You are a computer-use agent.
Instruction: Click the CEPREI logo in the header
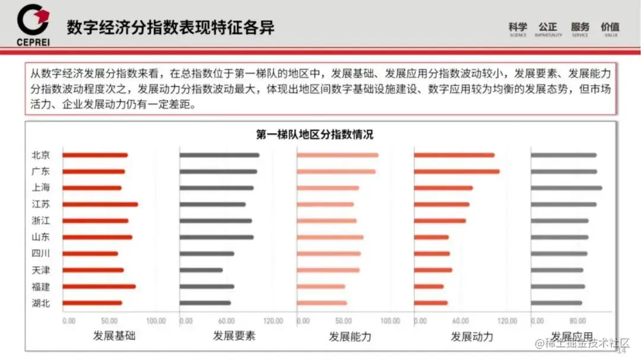33,24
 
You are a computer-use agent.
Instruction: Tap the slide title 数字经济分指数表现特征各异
170,27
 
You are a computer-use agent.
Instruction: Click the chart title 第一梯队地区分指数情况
315,135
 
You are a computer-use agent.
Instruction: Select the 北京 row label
41,155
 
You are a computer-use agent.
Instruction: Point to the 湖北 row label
41,303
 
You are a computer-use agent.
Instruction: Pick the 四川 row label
41,253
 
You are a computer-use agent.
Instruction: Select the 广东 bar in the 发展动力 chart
456,172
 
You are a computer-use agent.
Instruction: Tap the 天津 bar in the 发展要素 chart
201,270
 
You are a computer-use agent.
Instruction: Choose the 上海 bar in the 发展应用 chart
566,188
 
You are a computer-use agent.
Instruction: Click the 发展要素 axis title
234,336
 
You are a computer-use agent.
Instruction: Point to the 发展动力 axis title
472,336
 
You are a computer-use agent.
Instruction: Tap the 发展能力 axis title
350,336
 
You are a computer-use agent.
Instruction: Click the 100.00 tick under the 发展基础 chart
156,321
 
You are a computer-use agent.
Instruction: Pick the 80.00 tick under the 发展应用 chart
577,321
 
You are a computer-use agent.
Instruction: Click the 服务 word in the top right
580,27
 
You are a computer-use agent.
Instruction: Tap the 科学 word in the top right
518,27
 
